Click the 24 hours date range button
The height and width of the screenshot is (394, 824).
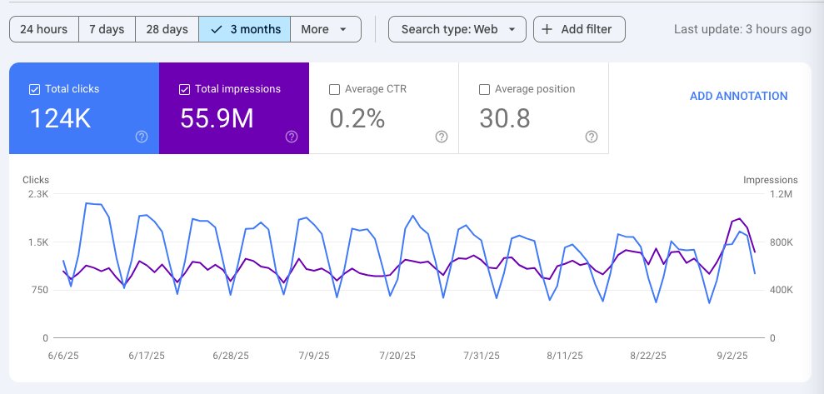[44, 29]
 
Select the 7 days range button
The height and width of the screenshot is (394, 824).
[107, 29]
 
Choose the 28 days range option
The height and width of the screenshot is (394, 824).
[167, 29]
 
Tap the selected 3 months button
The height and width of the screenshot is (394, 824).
[245, 29]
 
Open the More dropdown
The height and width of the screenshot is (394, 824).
[325, 29]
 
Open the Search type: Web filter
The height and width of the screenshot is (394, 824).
[457, 29]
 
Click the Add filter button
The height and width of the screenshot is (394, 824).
[578, 29]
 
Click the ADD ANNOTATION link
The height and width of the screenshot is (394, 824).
[738, 96]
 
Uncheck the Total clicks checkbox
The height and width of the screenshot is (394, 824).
[34, 89]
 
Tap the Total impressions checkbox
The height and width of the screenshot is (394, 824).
[184, 89]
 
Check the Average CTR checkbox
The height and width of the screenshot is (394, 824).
[334, 89]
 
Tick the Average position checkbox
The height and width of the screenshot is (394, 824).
[484, 89]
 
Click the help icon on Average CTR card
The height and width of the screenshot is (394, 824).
[442, 137]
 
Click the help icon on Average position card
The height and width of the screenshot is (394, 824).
[592, 137]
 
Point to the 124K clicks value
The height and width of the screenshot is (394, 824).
[60, 119]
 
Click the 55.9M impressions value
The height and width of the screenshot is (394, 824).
[217, 119]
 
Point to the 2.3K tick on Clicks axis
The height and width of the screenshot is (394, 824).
[38, 194]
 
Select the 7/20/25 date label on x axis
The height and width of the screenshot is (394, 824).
[397, 355]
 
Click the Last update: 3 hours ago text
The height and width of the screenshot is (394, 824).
[742, 29]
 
